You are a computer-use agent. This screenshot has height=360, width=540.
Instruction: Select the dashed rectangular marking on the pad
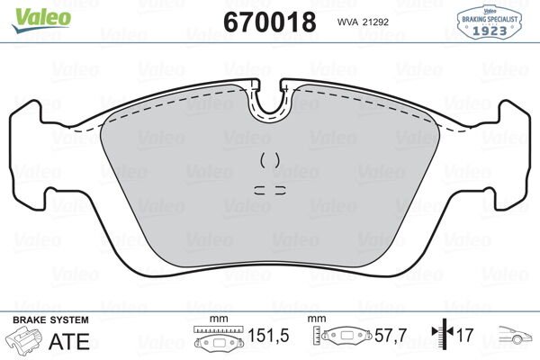(x=269, y=190)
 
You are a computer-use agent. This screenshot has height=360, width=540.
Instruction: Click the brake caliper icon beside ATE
(x=27, y=340)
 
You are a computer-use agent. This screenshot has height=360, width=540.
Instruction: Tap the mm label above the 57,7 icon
(x=316, y=319)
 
